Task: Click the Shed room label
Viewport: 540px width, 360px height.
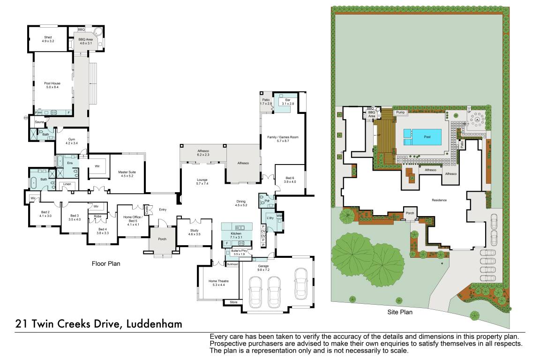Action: (x=48, y=37)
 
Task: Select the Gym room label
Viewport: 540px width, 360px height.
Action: (x=72, y=139)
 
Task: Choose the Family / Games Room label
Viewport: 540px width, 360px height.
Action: (x=283, y=137)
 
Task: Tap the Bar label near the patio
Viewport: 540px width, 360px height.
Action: (x=285, y=100)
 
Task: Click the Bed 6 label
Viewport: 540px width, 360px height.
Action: (x=290, y=178)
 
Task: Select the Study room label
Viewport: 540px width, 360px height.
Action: (x=194, y=230)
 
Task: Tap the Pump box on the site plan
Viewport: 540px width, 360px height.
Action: (x=400, y=112)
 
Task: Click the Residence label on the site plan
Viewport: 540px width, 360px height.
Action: (x=439, y=200)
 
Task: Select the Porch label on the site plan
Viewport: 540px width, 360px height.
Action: (x=411, y=212)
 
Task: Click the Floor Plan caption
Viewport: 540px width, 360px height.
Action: (x=105, y=264)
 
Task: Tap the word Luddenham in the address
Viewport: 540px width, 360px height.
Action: (x=152, y=324)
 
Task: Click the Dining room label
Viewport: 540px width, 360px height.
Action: (x=240, y=203)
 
